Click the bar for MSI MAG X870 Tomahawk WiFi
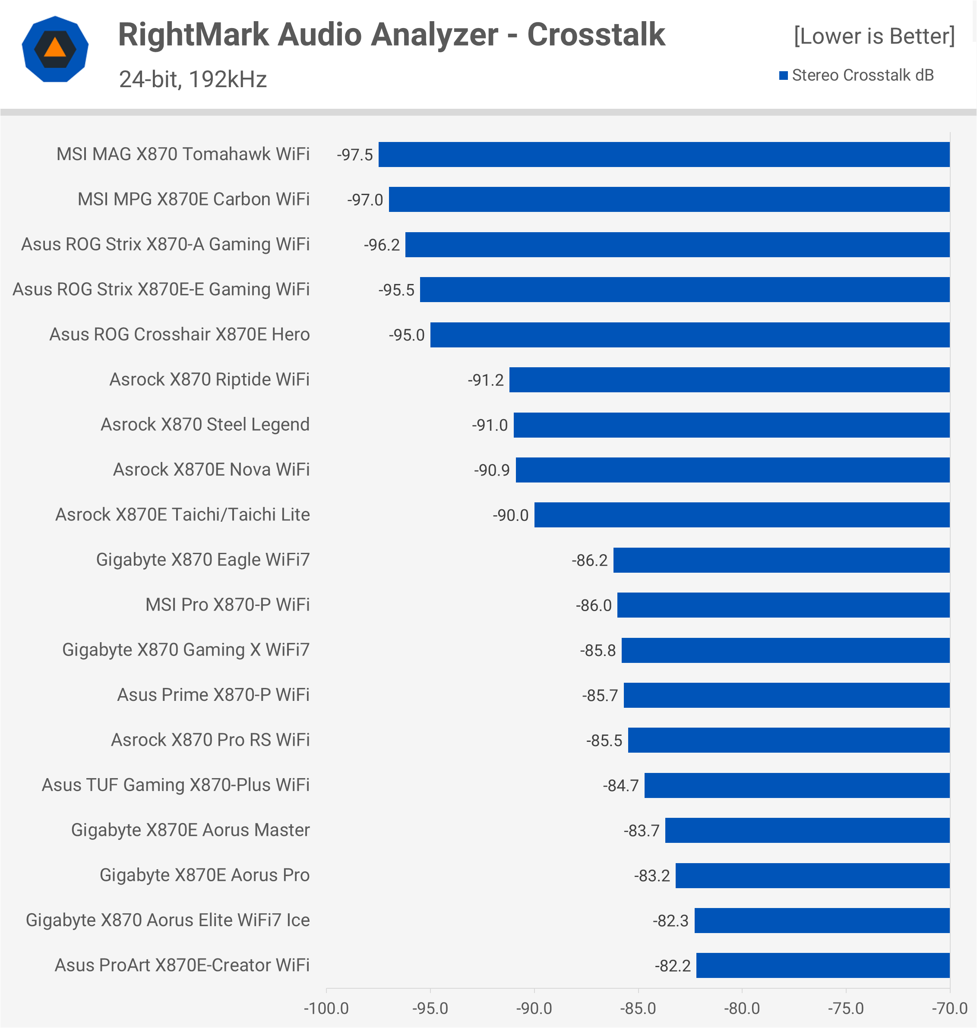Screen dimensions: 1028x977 tap(664, 155)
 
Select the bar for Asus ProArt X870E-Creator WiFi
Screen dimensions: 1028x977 tap(823, 965)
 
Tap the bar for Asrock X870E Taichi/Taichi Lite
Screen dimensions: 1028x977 tap(742, 515)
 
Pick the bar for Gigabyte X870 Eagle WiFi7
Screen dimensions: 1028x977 tap(781, 560)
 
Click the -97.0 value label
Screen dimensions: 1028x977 tap(365, 200)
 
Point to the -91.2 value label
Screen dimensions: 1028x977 tap(485, 380)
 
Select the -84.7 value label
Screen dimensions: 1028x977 tap(620, 785)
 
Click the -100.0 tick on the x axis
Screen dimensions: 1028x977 tap(326, 1008)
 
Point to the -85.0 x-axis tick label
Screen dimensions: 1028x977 tap(638, 1008)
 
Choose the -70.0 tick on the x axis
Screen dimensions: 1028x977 tap(949, 1008)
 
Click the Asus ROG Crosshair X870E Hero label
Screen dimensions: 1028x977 tap(180, 334)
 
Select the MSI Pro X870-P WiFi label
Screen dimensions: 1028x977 tap(228, 605)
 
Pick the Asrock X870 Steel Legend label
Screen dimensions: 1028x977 tap(205, 425)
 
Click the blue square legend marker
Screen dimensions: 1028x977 tap(783, 76)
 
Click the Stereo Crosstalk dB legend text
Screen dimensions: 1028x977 tap(863, 76)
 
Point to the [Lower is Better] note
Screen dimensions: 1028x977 tap(874, 36)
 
